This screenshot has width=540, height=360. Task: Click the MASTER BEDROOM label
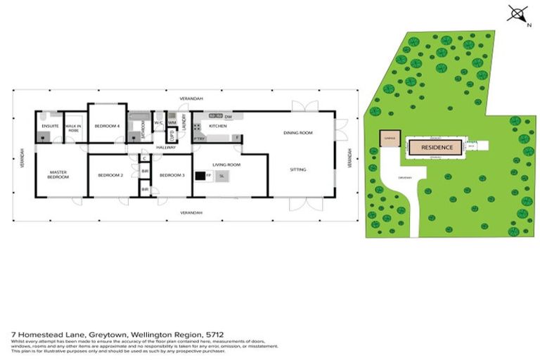point(58,174)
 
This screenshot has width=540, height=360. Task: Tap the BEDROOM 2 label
point(110,175)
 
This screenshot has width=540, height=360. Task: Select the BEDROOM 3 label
point(172,175)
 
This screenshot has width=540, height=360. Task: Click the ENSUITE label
point(49,126)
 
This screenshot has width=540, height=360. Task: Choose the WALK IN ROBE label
point(73,128)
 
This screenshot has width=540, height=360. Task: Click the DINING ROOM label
point(297,132)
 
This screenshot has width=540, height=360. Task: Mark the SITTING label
point(297,169)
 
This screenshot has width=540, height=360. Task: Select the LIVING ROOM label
point(227,165)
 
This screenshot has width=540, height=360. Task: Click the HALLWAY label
point(165,147)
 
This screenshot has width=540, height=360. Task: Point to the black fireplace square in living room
point(200,176)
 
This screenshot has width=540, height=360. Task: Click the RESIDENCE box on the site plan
point(436,147)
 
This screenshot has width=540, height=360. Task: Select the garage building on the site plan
point(389,139)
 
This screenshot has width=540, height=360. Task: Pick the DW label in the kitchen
point(229,115)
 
